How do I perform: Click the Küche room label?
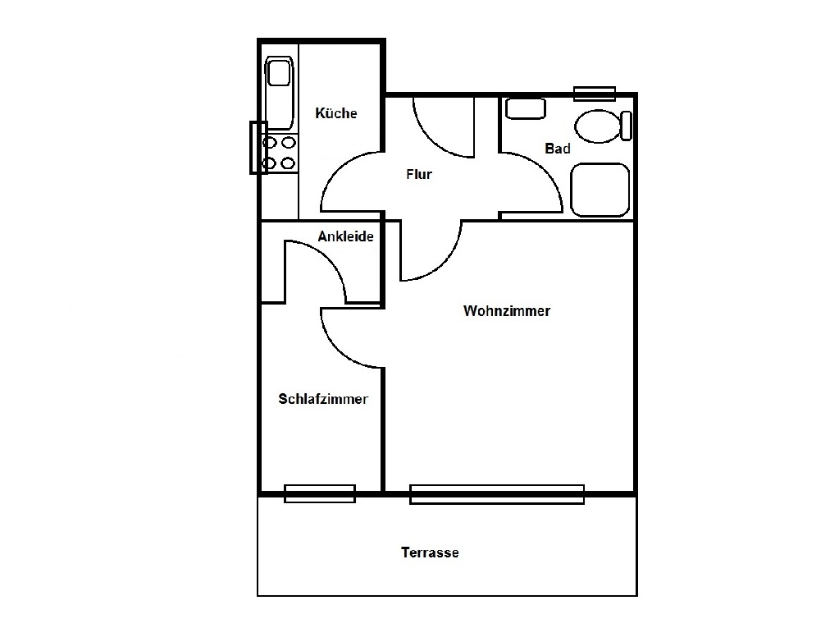pos(336,113)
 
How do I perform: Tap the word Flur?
pos(419,174)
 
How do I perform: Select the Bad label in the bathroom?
pos(558,149)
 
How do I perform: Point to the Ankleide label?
pos(345,236)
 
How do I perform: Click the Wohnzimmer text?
pos(507,310)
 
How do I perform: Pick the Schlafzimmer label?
pos(323,399)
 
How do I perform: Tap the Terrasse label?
pos(430,552)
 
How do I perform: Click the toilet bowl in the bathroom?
pos(598,126)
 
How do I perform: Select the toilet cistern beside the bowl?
pos(626,126)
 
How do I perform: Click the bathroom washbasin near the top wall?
pos(526,108)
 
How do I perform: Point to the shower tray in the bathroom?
pos(600,190)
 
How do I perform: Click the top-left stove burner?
pos(270,143)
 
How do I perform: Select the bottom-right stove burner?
pos(289,163)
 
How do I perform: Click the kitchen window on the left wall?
pos(258,148)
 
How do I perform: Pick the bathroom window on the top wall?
pos(595,94)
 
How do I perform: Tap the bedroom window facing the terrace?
pos(320,493)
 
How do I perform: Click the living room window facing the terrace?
pos(497,494)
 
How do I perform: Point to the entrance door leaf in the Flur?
pos(474,127)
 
